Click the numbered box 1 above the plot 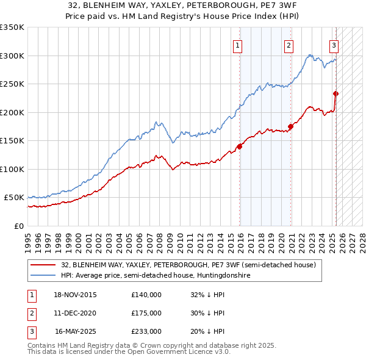[237, 45]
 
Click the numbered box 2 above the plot [288, 45]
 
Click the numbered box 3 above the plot [334, 45]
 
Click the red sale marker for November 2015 [240, 146]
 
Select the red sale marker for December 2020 [291, 127]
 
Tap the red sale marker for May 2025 [336, 93]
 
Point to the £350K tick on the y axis [12, 27]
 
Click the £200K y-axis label [12, 112]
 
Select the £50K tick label [14, 198]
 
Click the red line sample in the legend [43, 265]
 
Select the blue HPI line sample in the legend [43, 276]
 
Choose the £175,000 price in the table [146, 313]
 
